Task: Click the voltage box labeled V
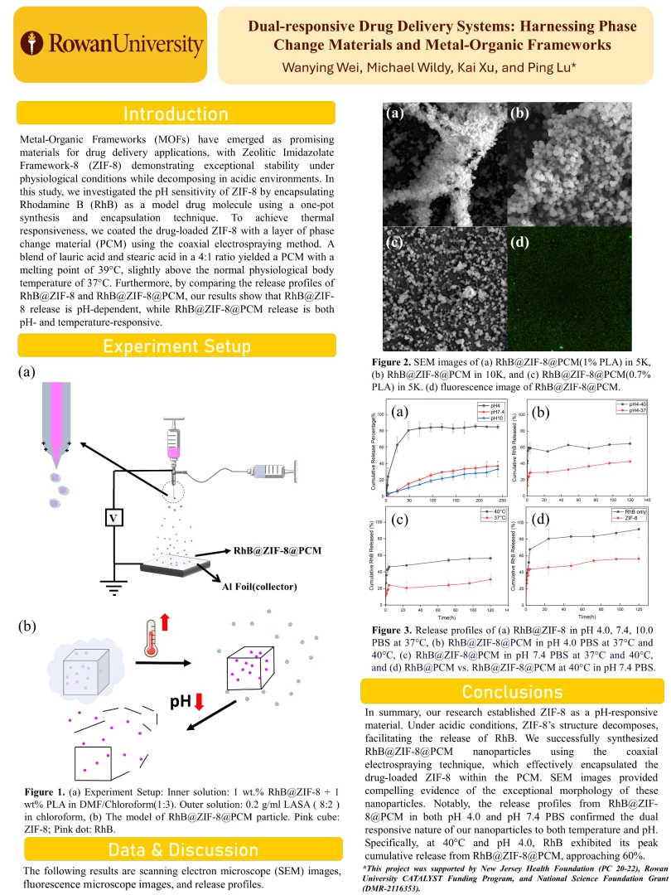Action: pyautogui.click(x=114, y=518)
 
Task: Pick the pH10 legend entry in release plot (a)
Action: pyautogui.click(x=491, y=419)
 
